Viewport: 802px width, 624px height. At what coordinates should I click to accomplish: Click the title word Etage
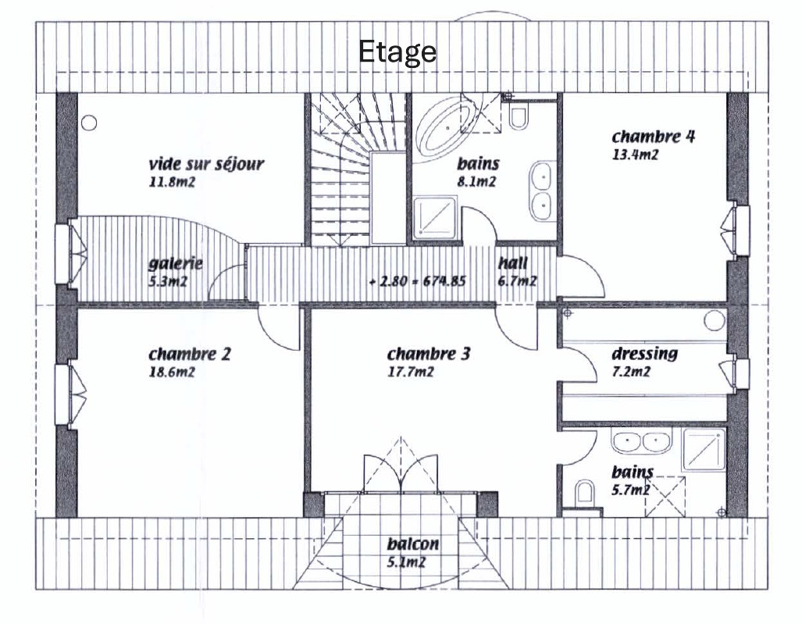click(397, 52)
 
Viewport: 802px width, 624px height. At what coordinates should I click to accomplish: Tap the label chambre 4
click(654, 137)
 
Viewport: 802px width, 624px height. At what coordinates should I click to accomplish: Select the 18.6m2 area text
click(171, 372)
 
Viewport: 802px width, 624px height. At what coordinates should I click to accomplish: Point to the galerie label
click(176, 263)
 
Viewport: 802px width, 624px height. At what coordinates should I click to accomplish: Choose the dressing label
click(644, 354)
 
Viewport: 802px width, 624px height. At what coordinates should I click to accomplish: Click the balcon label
click(412, 544)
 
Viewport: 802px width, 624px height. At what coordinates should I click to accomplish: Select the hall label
click(513, 263)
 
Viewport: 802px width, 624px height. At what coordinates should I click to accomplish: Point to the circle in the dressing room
click(715, 319)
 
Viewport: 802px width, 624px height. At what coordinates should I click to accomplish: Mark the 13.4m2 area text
click(636, 155)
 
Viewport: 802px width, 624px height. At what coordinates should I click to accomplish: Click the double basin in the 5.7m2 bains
click(641, 443)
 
